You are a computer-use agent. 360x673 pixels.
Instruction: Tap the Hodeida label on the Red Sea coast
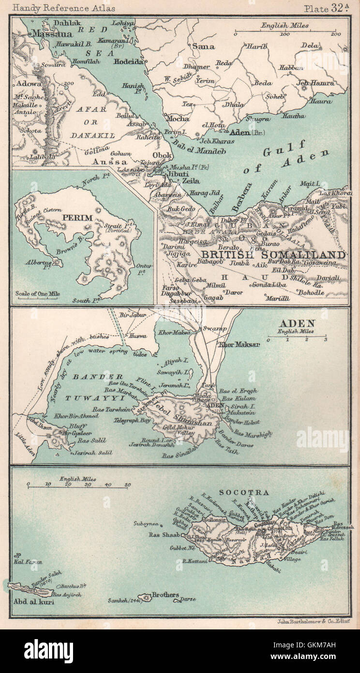[128, 62]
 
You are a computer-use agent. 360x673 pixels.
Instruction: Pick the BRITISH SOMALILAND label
[273, 254]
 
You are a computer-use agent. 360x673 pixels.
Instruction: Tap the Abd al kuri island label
[31, 603]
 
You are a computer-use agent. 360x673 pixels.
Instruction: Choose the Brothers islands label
[165, 595]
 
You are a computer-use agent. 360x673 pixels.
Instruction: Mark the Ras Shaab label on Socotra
[165, 535]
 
